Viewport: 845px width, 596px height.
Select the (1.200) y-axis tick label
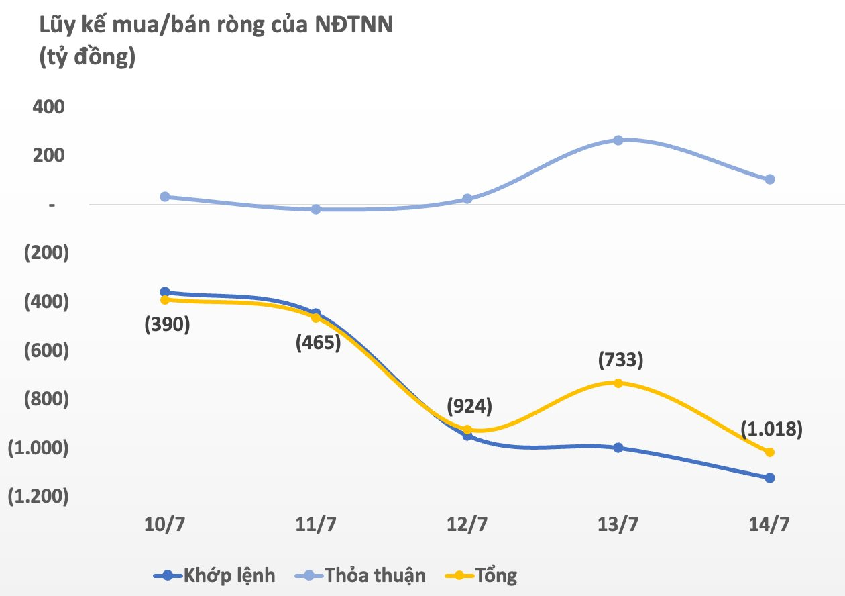(38, 496)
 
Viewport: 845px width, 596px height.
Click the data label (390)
(168, 325)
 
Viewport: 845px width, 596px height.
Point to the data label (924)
(469, 406)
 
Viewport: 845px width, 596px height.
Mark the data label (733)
(620, 360)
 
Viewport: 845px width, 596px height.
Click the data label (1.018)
(771, 428)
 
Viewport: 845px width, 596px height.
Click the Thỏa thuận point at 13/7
(618, 140)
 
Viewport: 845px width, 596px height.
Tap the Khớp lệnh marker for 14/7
(770, 478)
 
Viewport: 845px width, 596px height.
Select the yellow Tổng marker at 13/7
(618, 383)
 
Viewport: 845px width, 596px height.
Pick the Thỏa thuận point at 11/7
(317, 209)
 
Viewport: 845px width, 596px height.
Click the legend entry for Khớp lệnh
(215, 575)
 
